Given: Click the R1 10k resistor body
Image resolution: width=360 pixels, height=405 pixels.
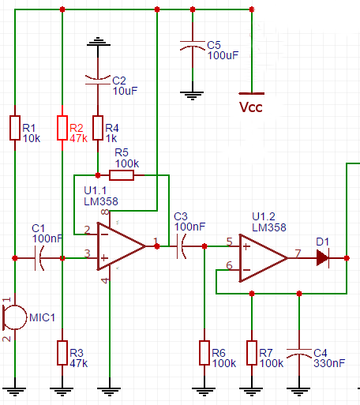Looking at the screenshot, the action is (x=15, y=128).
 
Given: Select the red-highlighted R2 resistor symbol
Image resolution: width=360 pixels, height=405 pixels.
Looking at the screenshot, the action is (x=62, y=128).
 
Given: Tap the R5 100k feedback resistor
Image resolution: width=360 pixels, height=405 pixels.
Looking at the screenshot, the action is (x=122, y=175).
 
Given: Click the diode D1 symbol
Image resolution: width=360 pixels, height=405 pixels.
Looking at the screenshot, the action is (x=323, y=258).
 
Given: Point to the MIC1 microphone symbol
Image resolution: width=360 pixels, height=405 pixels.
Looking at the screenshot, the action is (x=14, y=317).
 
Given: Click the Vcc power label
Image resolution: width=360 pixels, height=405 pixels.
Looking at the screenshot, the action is (x=251, y=107).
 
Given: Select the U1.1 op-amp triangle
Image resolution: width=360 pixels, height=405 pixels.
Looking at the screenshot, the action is (x=122, y=246).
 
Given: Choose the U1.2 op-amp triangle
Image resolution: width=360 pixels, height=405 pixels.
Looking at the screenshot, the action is (x=264, y=258).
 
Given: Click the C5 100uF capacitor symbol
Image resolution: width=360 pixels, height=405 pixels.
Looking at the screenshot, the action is (x=193, y=46).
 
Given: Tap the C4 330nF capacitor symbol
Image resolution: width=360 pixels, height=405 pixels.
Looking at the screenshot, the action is (x=299, y=353).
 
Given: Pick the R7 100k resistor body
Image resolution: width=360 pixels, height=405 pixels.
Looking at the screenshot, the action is (x=252, y=353).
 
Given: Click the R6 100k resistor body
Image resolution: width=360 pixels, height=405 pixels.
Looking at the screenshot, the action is (x=204, y=353).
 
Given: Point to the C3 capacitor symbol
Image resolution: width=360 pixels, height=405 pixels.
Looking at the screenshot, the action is (x=181, y=246).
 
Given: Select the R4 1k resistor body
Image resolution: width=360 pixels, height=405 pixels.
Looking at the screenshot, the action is (x=98, y=128).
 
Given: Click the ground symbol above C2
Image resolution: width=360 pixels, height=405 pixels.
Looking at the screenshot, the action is (x=99, y=42).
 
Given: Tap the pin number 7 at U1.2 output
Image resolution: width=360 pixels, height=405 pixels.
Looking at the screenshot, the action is (x=298, y=253).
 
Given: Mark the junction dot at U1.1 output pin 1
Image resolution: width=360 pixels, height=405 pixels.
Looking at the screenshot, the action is (x=157, y=246).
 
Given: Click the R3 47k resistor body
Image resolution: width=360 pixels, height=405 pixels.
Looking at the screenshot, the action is (x=62, y=353).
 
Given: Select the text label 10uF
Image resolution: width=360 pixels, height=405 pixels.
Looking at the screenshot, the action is (x=126, y=91).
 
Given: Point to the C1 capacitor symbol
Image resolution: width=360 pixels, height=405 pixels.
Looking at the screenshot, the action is (x=39, y=258).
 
